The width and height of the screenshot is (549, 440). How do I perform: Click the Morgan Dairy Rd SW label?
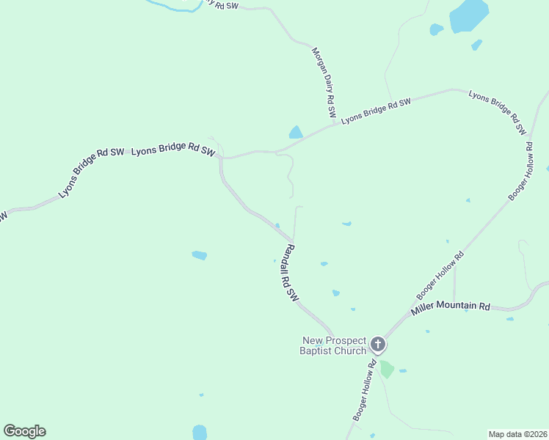click(324, 84)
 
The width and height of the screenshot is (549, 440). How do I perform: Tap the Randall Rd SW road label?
click(291, 273)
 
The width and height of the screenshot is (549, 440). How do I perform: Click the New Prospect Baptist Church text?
click(333, 345)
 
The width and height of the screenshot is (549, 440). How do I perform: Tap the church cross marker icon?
click(377, 343)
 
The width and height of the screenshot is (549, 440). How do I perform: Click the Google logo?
click(24, 431)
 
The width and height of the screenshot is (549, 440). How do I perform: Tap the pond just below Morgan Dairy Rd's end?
click(296, 133)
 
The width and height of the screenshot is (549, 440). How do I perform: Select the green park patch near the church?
click(386, 369)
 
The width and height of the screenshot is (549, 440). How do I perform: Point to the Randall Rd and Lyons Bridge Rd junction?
click(221, 158)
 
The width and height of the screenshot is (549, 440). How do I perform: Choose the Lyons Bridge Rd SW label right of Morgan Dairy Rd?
click(375, 110)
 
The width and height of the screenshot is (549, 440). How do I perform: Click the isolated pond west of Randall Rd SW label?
click(199, 255)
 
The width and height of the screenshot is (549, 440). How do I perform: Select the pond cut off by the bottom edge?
click(200, 433)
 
